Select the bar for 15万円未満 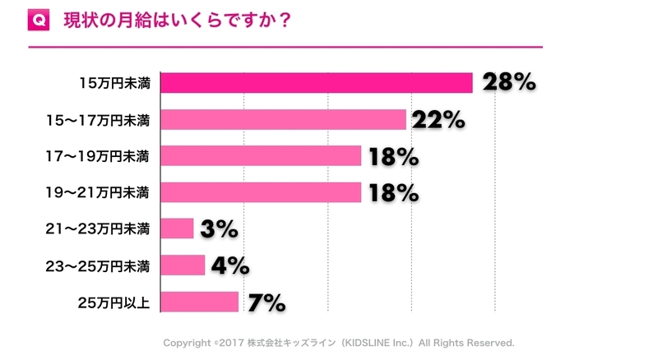coord(317,83)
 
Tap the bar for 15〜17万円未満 coord(284,119)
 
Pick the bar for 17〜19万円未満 coord(261,155)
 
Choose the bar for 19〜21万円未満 coord(261,192)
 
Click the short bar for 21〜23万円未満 coord(177,228)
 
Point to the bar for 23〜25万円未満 coord(183,265)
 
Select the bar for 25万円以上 coord(200,302)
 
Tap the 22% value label coord(440,120)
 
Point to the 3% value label coord(219,229)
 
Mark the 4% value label coord(229,265)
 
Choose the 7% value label coord(264,302)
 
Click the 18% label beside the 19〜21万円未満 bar coord(395,192)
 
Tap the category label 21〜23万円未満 coord(99,228)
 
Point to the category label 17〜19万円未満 coord(99,155)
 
